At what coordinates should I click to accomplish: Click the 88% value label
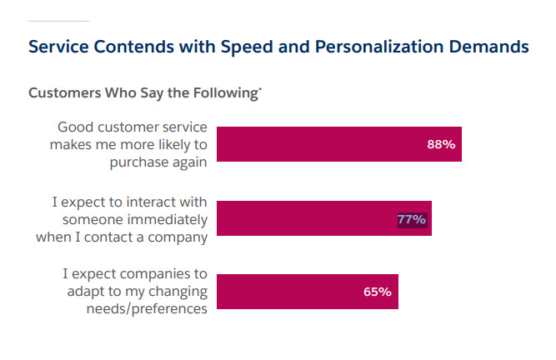pos(440,144)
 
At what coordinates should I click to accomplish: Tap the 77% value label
pos(412,220)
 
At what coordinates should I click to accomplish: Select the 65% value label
pos(377,292)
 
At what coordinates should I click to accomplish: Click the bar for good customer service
pos(333,144)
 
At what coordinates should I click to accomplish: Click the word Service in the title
pos(60,47)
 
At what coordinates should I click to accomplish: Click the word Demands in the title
pos(493,47)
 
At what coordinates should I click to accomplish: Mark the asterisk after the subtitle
pos(260,88)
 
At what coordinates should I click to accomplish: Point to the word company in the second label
pos(178,236)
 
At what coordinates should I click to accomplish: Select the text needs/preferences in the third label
pos(146,308)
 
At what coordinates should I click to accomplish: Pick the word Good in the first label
pos(75,127)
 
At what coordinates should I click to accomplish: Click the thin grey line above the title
pos(58,20)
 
